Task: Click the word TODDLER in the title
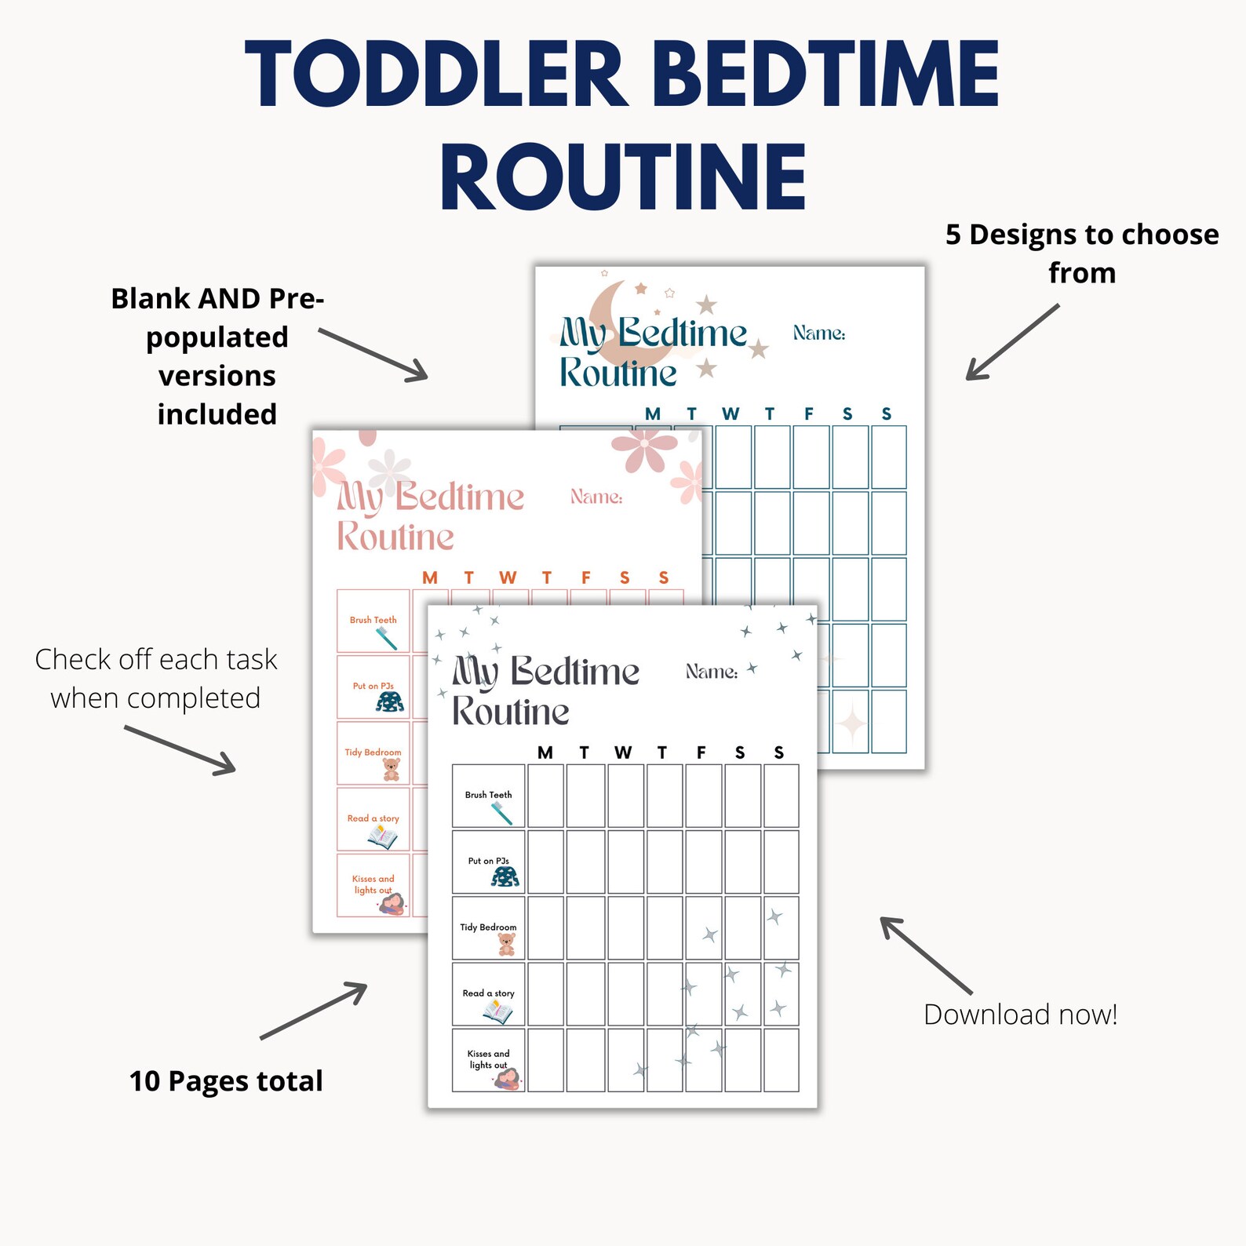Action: (436, 75)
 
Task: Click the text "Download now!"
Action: (1020, 1015)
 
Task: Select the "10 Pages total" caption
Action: (226, 1081)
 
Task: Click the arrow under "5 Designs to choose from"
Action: (1012, 342)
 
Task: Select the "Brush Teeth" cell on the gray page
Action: (488, 796)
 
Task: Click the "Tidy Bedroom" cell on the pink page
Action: (373, 753)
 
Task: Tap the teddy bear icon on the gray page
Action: (507, 944)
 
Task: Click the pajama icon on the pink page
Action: (390, 701)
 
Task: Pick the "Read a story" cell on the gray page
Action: (488, 995)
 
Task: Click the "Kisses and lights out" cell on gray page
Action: (488, 1061)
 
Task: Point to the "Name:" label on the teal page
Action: (818, 333)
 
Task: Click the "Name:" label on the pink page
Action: (596, 497)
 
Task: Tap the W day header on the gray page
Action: (623, 753)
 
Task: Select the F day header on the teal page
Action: (809, 414)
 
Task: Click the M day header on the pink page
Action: (430, 578)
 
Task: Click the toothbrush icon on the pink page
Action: (386, 638)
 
